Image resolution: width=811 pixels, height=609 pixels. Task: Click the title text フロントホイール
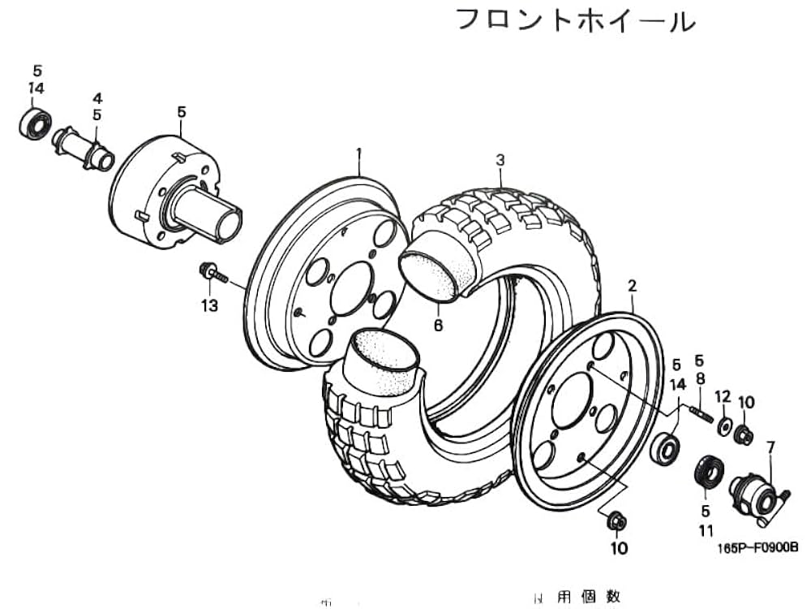pos(575,19)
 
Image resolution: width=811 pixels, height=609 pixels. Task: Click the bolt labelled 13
pos(210,271)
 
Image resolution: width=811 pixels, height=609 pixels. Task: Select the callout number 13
pos(210,305)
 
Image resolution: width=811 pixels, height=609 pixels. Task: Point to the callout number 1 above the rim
pos(358,153)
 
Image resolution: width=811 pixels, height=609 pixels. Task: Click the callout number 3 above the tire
pos(500,160)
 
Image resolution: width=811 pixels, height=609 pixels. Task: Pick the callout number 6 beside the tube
pos(438,325)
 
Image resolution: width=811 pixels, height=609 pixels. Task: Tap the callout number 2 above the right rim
pos(632,286)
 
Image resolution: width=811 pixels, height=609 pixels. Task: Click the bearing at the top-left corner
pos(35,123)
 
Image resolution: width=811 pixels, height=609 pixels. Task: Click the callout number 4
pos(97,98)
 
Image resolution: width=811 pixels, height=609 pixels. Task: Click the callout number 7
pos(770,446)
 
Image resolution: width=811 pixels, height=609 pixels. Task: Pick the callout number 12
pos(723,397)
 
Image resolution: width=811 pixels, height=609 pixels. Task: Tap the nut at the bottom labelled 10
pos(616,520)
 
